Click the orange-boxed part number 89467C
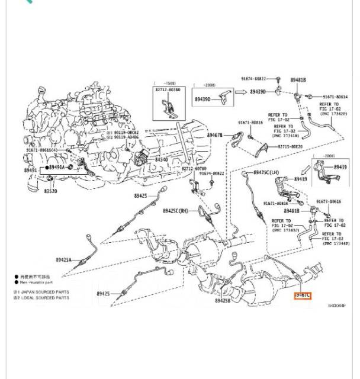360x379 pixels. tap(302, 295)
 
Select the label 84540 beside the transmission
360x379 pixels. tap(162, 160)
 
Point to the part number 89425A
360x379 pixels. tap(63, 260)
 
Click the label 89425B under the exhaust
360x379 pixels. tap(223, 300)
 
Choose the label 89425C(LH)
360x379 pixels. tap(266, 172)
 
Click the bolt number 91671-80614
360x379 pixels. tap(335, 97)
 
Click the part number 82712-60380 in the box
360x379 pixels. tap(169, 89)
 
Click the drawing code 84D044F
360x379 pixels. tap(336, 306)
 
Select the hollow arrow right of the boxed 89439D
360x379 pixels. tap(240, 92)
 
